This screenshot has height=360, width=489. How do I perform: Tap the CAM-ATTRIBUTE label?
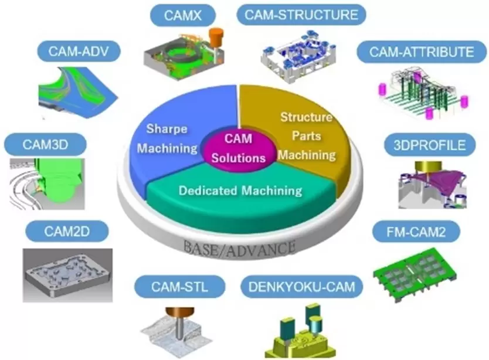pyautogui.click(x=421, y=52)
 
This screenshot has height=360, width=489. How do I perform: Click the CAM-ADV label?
pyautogui.click(x=79, y=52)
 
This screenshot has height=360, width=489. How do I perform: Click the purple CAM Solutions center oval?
pyautogui.click(x=239, y=147)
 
